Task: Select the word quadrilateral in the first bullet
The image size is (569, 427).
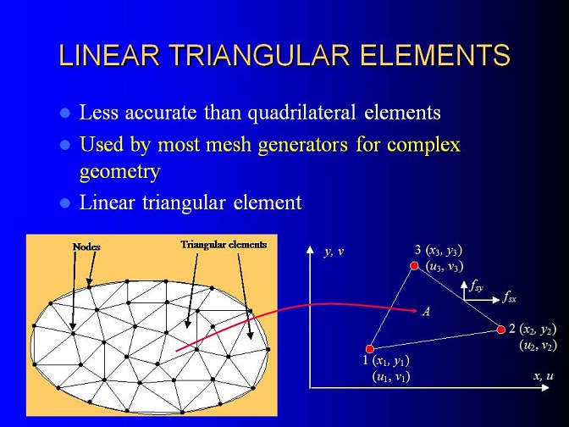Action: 302,113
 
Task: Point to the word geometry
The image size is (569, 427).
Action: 119,171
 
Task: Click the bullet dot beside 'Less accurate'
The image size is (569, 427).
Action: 64,113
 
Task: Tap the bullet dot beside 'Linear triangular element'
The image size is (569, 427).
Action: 64,203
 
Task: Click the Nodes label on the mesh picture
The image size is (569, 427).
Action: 86,247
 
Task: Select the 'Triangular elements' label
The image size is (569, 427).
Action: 224,245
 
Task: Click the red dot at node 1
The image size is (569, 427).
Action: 370,349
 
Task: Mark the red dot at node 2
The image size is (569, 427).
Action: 501,330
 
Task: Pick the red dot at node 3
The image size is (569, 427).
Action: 414,266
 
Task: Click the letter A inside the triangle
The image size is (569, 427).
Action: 427,312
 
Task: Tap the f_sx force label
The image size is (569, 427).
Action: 509,298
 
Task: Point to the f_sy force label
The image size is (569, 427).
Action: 476,286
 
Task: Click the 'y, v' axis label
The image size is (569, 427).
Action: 334,252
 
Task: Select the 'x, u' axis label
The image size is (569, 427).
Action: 544,376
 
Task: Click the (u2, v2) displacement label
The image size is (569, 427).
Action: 538,345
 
